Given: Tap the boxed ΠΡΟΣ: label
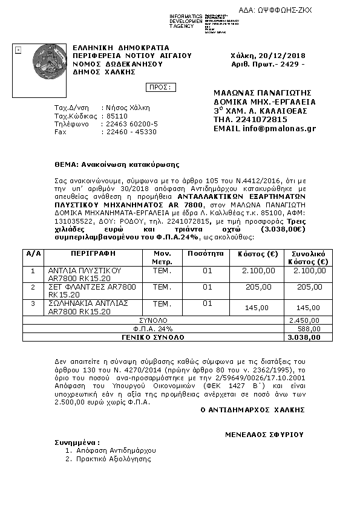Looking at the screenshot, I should click(161, 87).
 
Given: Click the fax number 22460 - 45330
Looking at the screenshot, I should click(131, 131).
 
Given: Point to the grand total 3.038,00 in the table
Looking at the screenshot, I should click(306, 337).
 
